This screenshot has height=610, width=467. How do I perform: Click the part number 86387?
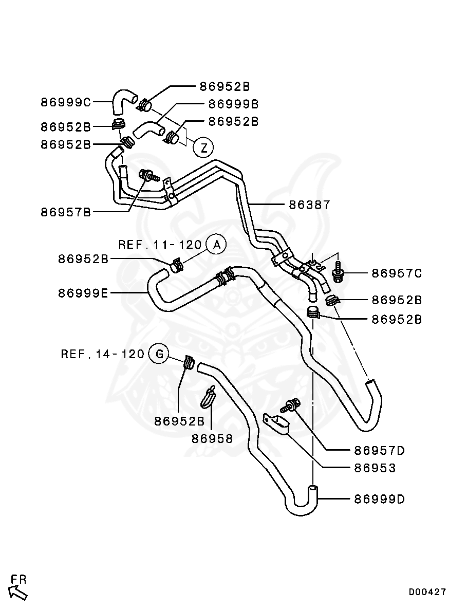(x=309, y=205)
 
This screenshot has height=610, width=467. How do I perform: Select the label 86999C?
(x=65, y=102)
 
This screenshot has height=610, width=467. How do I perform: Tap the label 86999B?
(x=233, y=104)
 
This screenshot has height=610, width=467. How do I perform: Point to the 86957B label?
(x=65, y=212)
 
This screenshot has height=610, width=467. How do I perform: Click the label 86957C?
(x=396, y=273)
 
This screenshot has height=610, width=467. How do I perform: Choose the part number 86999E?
(x=83, y=293)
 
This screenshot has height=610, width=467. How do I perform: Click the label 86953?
(x=375, y=468)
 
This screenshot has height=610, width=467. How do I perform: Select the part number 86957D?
(x=379, y=451)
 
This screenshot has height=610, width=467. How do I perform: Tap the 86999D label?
(x=379, y=498)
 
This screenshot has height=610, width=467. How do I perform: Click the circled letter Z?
(x=203, y=149)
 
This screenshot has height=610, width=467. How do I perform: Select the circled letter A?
(x=216, y=245)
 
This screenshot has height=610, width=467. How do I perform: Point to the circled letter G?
(x=159, y=354)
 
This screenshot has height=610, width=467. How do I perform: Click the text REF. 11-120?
(x=160, y=245)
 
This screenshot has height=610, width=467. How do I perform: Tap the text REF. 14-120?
(x=102, y=354)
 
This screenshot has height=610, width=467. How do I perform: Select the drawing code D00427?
(x=427, y=592)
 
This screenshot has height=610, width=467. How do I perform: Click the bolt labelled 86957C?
(x=339, y=273)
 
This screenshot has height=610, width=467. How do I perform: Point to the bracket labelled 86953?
(x=276, y=424)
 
